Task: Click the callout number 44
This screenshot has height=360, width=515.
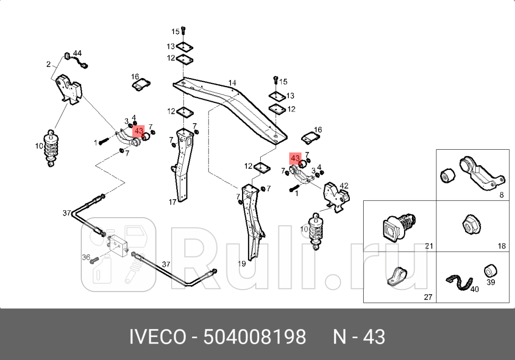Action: [78, 53]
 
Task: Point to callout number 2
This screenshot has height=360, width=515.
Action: [48, 64]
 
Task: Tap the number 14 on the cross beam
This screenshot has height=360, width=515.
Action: [232, 83]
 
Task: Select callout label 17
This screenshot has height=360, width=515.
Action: [173, 202]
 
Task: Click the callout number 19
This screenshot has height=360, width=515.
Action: [241, 263]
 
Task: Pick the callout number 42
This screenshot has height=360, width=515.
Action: [344, 185]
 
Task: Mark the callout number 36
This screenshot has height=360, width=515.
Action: [85, 258]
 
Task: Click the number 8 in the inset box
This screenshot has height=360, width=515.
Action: [501, 195]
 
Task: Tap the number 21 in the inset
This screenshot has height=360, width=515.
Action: [429, 246]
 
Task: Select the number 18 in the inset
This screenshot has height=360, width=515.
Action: [502, 246]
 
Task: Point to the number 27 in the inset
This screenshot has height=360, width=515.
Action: [428, 297]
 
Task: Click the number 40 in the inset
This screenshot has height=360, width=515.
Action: [474, 289]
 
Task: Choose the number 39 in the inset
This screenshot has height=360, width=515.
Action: [491, 282]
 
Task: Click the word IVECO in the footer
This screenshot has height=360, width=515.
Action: [158, 337]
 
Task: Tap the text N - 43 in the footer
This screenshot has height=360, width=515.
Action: [359, 337]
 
